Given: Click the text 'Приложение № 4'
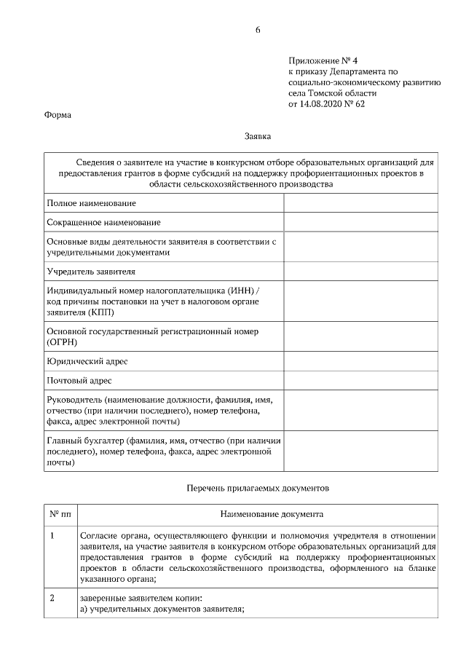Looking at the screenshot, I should (318, 61).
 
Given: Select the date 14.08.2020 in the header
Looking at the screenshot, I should (321, 104).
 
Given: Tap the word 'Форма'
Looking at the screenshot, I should (58, 115).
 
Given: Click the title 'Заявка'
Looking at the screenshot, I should (258, 135).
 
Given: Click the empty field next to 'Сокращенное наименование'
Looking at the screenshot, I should (360, 221).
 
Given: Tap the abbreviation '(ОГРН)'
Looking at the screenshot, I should (63, 342).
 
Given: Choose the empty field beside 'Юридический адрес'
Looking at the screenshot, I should (360, 361).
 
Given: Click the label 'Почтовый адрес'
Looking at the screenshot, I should (79, 380).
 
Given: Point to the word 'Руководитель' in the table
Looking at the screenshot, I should (74, 400).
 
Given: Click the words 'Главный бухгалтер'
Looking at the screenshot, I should (85, 441).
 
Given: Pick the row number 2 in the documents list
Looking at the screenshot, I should (52, 599).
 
